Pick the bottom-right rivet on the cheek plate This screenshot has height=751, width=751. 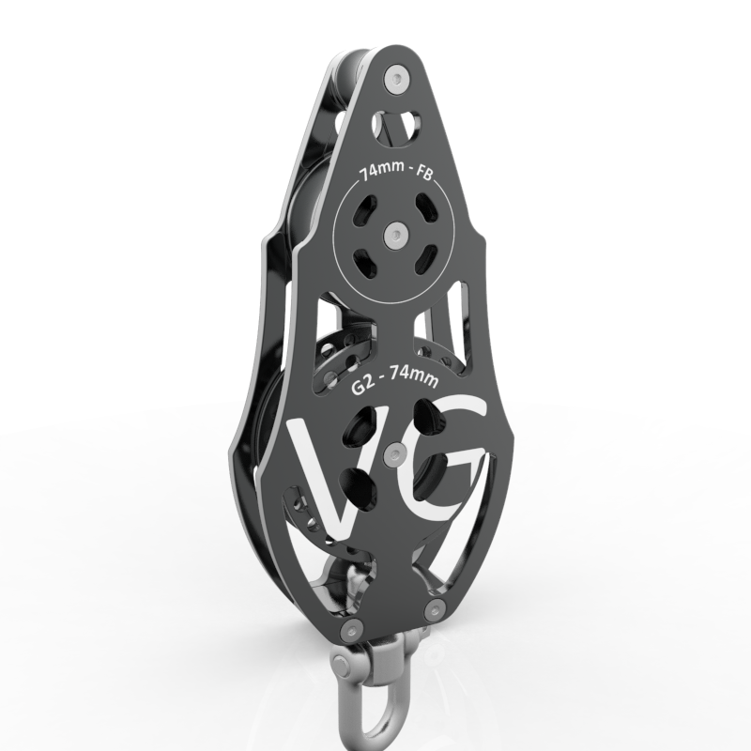[435, 610]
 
